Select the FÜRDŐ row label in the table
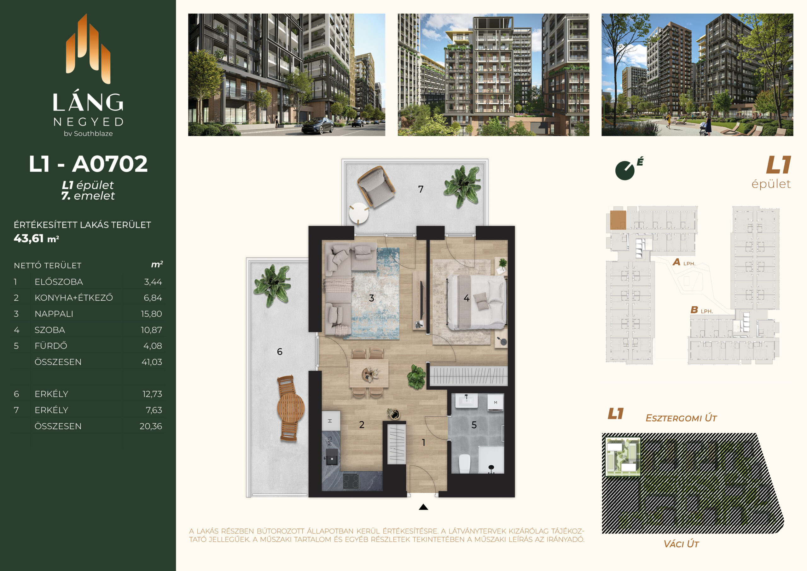51,346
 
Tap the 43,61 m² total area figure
36,238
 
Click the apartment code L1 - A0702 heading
88,164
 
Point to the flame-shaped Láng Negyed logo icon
88,49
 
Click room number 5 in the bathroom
474,425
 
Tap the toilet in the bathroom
465,464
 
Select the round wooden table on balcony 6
290,408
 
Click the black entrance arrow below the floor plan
424,507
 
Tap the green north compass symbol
625,171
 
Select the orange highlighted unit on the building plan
618,220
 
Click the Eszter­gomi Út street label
681,418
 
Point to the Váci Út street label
681,544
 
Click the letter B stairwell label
694,310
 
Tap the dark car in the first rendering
317,126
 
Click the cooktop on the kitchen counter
351,481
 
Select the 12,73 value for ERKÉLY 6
152,394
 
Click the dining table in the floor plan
369,373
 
